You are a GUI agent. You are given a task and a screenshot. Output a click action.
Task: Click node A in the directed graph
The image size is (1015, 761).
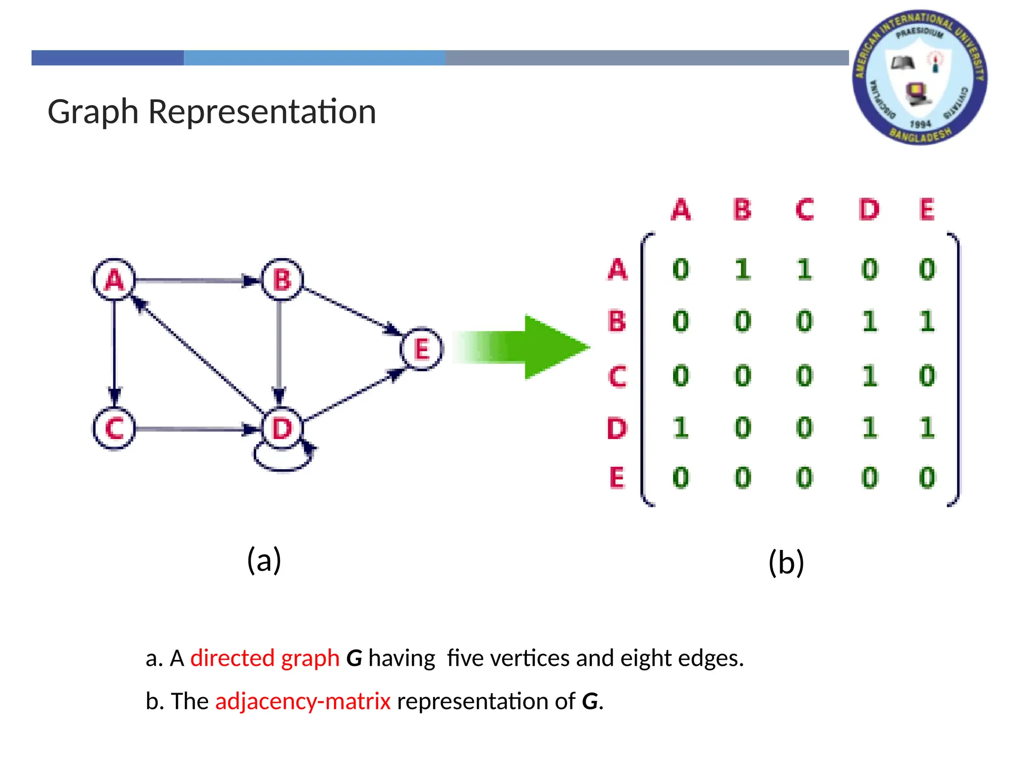(x=114, y=279)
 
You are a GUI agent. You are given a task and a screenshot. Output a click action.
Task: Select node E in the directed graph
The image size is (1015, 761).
(x=421, y=349)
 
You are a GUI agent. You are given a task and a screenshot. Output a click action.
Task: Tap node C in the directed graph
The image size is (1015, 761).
(x=114, y=428)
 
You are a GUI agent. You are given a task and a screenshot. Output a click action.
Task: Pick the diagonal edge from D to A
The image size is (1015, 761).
(x=198, y=355)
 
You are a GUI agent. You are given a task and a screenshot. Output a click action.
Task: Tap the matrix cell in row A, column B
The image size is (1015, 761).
(x=742, y=270)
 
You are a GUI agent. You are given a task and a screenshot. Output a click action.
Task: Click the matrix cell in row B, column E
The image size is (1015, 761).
(x=927, y=322)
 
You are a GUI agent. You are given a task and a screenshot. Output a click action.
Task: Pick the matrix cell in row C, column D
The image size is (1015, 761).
(x=869, y=376)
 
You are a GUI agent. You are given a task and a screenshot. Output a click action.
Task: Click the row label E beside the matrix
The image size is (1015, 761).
(x=617, y=478)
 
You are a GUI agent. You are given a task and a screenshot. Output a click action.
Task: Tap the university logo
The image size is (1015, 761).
(x=920, y=77)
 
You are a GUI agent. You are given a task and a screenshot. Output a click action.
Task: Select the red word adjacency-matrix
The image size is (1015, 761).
(x=303, y=701)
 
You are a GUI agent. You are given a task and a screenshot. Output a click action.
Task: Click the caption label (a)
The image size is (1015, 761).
(x=264, y=560)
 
